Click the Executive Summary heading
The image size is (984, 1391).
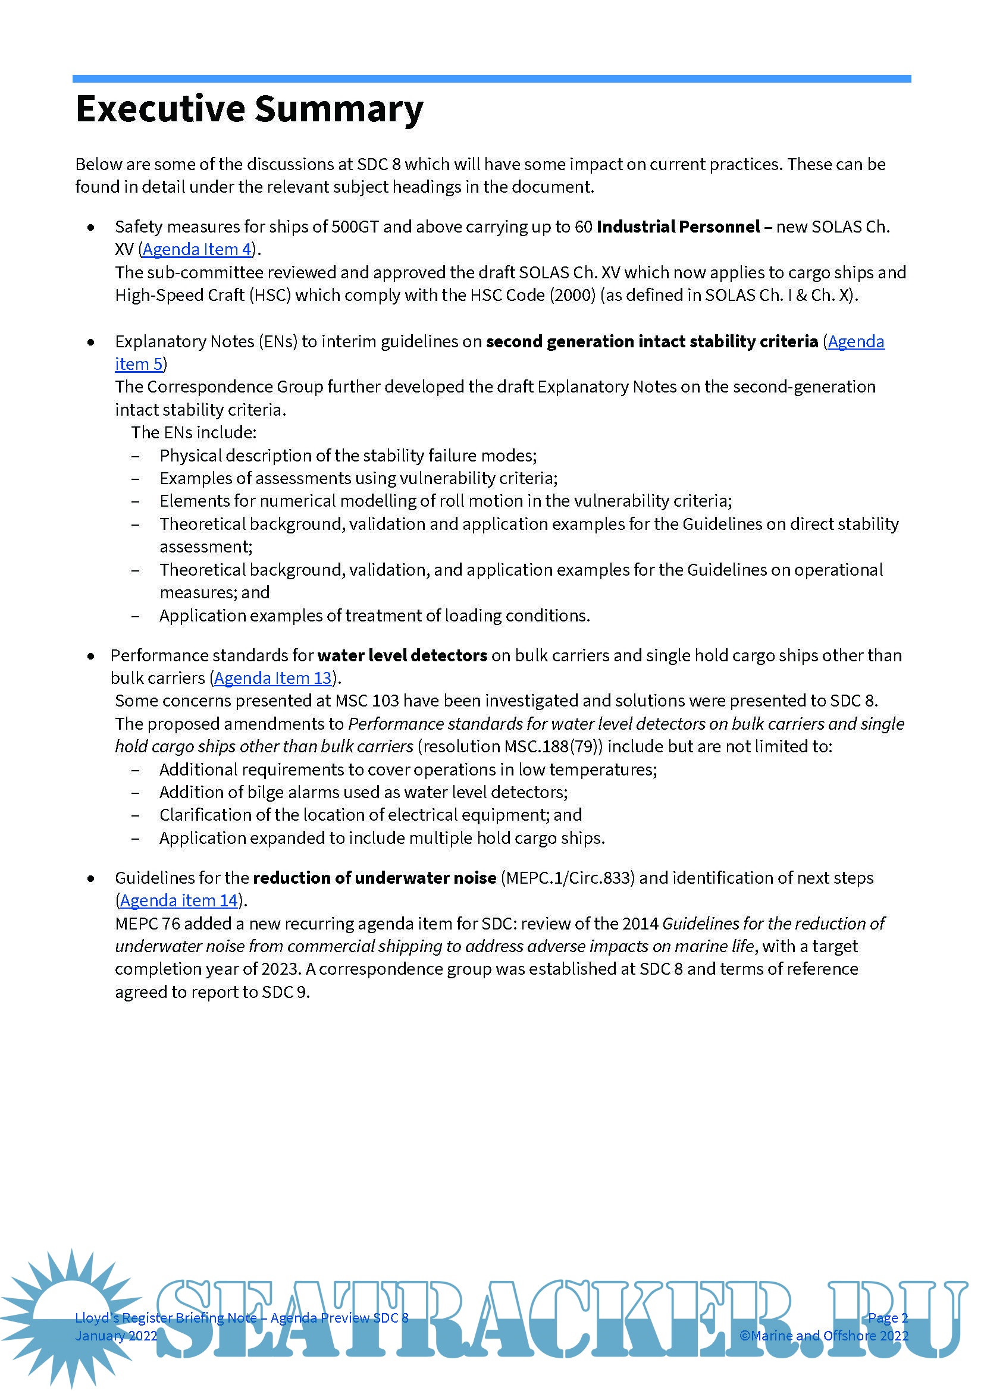[x=249, y=109]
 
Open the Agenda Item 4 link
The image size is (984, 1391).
[x=196, y=249]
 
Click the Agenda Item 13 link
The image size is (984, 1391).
[x=272, y=678]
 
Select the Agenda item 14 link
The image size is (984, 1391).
[x=178, y=900]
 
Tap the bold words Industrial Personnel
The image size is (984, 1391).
[x=678, y=227]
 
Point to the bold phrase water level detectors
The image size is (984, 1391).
[x=402, y=655]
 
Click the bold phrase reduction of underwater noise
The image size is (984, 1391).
[x=374, y=878]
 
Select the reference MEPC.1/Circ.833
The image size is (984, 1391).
[x=568, y=878]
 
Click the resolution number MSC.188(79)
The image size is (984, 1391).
[x=553, y=746]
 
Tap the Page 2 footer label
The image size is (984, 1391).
[x=888, y=1318]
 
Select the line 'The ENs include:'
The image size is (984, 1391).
[x=194, y=432]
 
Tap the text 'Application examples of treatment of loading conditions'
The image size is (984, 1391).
[x=374, y=616]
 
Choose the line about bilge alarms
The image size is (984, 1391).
[x=363, y=792]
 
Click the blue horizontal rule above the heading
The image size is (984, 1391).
[x=491, y=79]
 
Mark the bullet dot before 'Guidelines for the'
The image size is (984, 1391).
[x=91, y=878]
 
